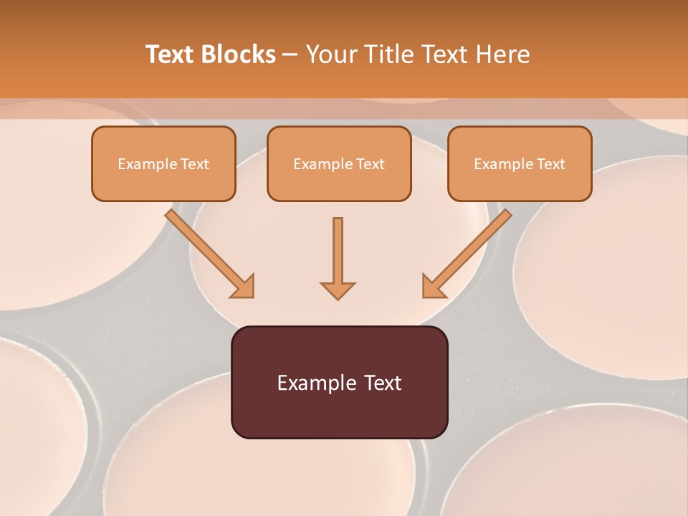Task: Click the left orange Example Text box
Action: [x=163, y=164]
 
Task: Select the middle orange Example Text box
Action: [x=339, y=164]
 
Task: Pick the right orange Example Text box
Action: [x=520, y=164]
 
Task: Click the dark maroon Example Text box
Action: [x=340, y=382]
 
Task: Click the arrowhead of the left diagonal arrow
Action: [x=244, y=286]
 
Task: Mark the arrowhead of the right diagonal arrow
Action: [x=433, y=286]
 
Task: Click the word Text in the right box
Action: [x=551, y=164]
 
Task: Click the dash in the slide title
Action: [x=290, y=55]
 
